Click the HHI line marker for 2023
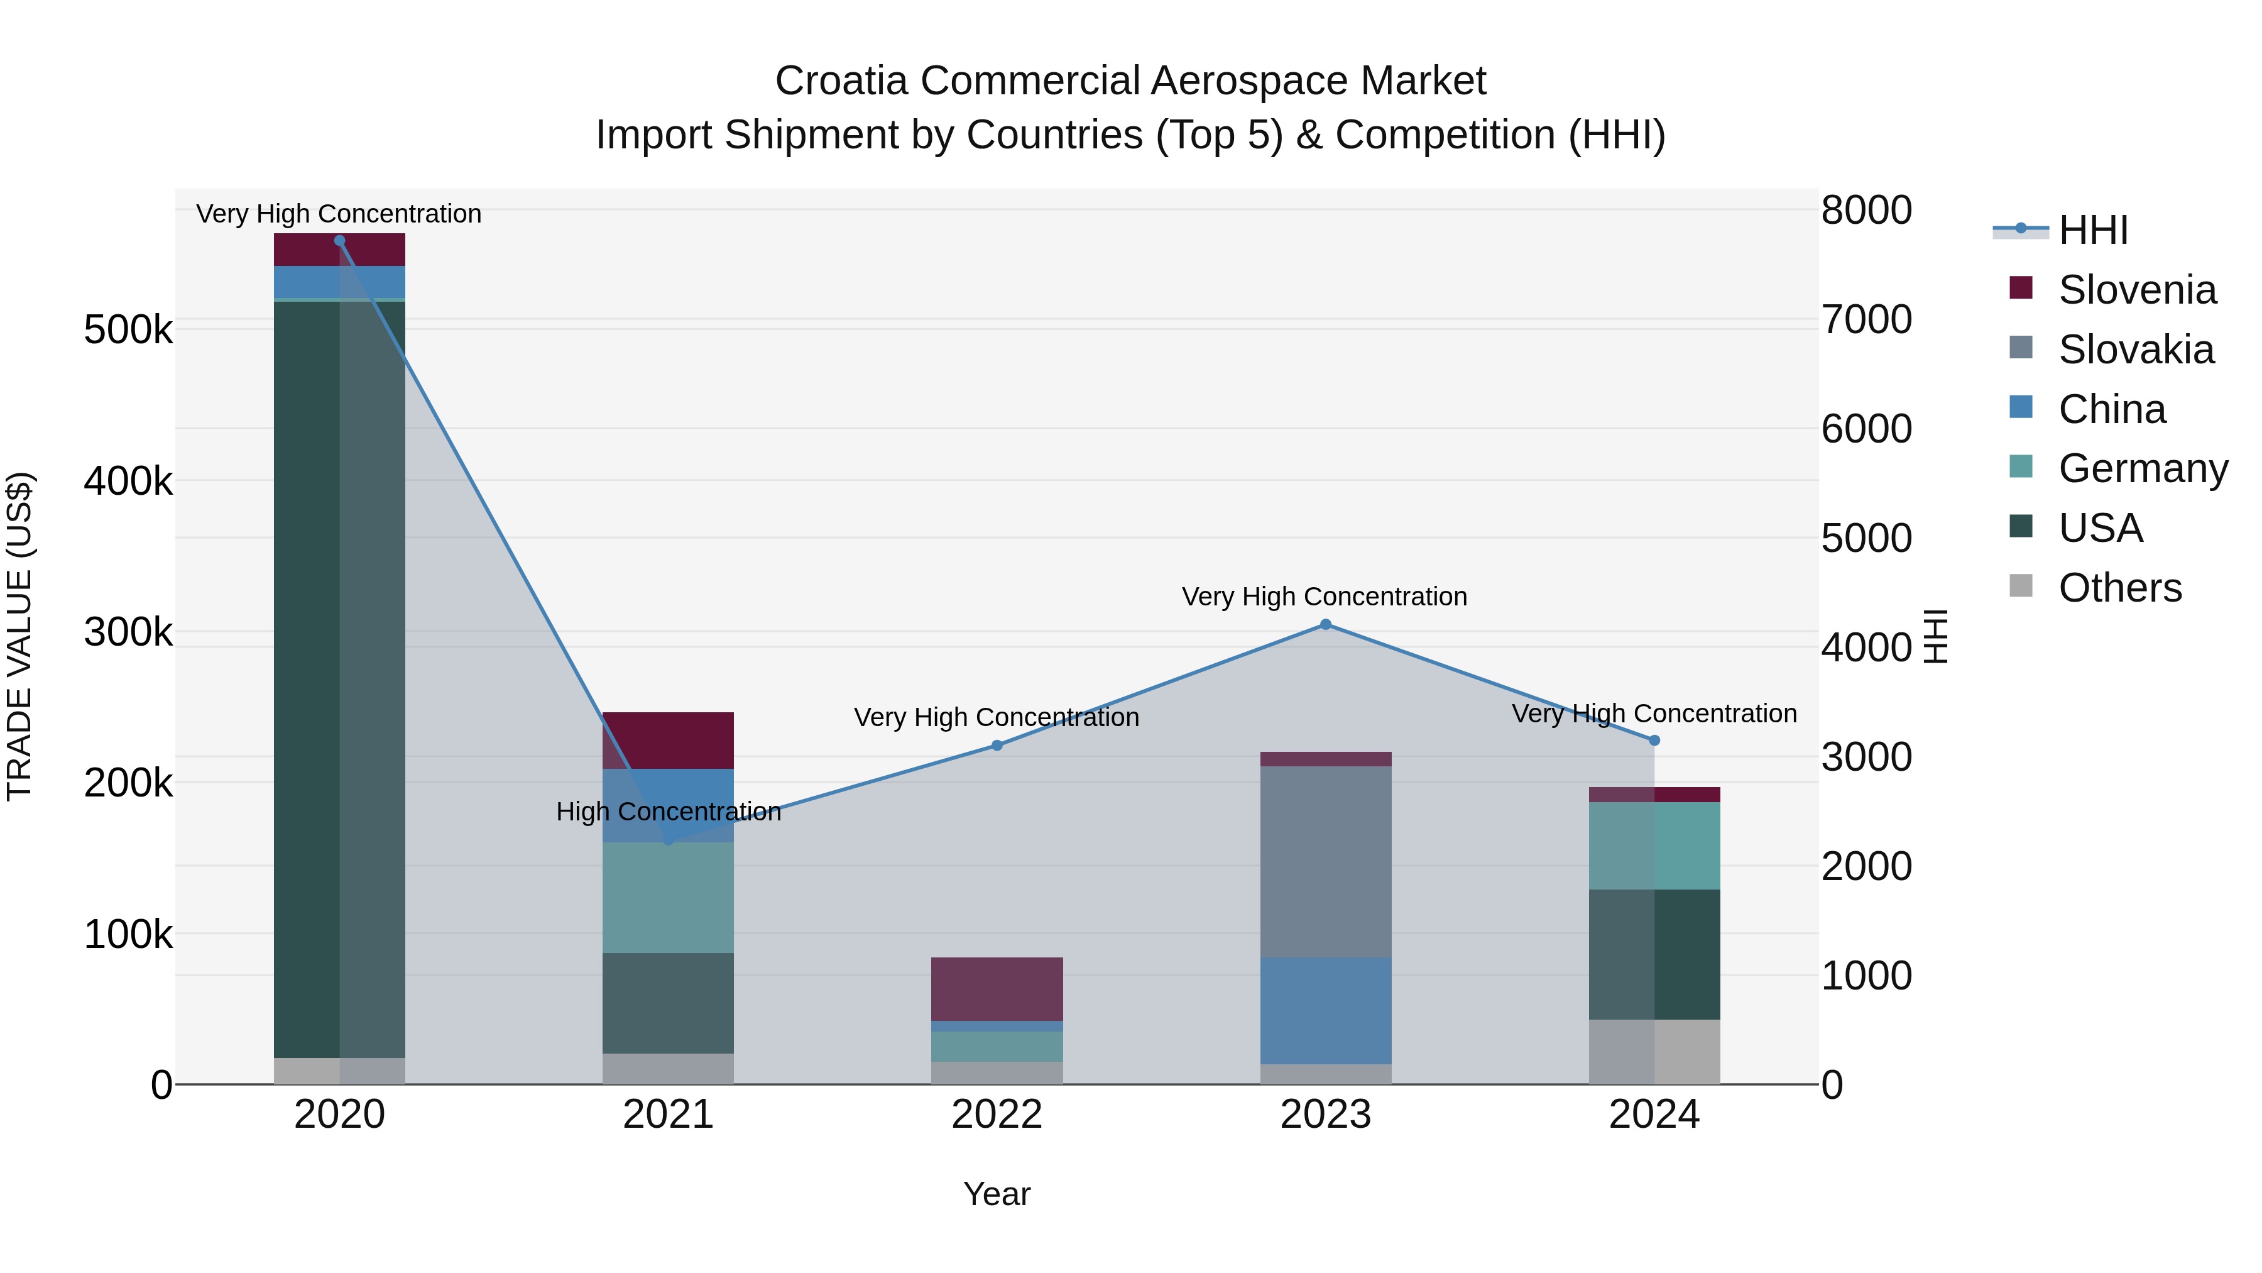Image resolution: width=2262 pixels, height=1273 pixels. tap(1325, 625)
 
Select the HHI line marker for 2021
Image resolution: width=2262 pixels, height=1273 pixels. tap(669, 840)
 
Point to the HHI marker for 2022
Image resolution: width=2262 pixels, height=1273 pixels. tap(997, 745)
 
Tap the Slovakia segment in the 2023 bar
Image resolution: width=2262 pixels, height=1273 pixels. tap(1325, 861)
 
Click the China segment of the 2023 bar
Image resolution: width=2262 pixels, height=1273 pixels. tap(1325, 1010)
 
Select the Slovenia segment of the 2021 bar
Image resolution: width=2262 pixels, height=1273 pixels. tap(669, 740)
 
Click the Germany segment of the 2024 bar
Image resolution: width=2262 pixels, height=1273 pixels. tap(1654, 845)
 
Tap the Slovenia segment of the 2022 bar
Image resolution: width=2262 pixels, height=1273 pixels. tap(997, 988)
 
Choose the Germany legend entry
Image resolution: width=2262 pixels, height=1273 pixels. tap(2142, 468)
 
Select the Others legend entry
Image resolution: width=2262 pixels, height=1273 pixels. tap(2119, 588)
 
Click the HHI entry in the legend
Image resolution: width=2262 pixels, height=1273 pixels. tap(2092, 230)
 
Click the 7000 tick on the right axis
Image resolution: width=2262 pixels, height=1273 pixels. tap(1867, 320)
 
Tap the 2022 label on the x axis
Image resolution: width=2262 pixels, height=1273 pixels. tap(997, 1114)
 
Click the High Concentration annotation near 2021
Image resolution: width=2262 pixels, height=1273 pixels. tap(669, 811)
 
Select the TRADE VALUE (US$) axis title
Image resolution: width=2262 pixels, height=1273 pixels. tap(19, 636)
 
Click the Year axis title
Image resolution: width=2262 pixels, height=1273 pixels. tap(997, 1194)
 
